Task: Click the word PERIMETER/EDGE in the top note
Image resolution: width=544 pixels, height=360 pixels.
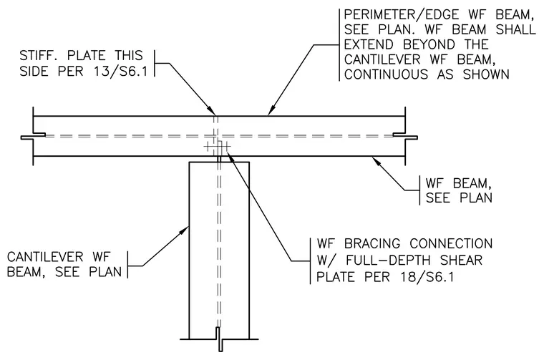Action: point(402,14)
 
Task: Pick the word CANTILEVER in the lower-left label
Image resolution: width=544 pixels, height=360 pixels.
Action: point(45,257)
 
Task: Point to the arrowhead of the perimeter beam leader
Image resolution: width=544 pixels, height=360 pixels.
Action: point(271,110)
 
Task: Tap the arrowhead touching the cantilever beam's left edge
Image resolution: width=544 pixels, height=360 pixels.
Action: point(184,230)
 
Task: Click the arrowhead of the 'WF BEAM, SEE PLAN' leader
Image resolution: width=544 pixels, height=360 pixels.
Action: point(377,161)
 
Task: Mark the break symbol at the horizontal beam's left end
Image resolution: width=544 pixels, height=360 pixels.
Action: point(33,136)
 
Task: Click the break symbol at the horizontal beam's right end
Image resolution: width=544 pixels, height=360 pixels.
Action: point(405,136)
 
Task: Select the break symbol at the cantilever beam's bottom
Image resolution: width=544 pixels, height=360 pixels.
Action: point(219,339)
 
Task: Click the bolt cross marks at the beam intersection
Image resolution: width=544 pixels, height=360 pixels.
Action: point(217,147)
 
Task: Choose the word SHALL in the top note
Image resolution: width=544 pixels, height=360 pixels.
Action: point(516,29)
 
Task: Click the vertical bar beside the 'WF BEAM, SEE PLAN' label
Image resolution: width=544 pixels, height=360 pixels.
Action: point(419,190)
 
